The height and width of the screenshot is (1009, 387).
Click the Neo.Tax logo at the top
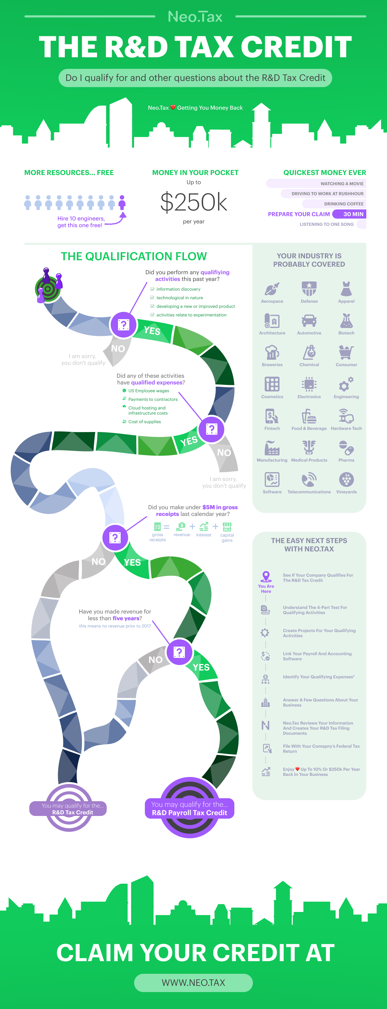point(195,16)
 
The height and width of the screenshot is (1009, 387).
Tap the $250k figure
point(193,202)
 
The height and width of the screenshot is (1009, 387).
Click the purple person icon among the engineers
point(122,202)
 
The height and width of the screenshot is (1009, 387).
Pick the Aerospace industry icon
point(272,289)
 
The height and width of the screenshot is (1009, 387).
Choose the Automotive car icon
point(309,321)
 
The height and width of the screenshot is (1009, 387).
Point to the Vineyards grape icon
point(346,479)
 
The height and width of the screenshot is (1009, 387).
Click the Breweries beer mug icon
point(272,352)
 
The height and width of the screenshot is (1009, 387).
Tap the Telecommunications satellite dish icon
point(309,479)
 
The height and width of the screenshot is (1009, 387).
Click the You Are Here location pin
point(266,576)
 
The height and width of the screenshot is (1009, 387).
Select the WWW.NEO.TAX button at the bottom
point(193,982)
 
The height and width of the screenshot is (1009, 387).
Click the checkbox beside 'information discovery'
point(152,289)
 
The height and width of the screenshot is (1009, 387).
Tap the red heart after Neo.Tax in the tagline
point(173,108)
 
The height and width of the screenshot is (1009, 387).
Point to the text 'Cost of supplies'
point(145,422)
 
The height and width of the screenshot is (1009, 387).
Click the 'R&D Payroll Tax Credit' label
point(189,813)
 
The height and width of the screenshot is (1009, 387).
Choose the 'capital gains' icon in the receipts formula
point(227,527)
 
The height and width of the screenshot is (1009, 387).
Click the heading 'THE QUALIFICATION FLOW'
point(134,256)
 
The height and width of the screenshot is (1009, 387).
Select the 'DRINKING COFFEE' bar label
point(343,204)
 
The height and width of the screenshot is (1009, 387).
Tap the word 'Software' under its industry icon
point(272,492)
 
